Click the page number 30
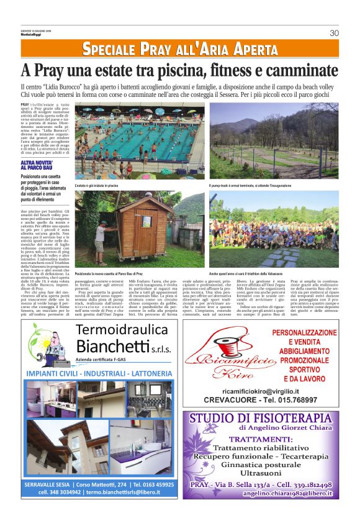pos(334,33)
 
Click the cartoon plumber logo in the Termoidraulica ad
pos(47,342)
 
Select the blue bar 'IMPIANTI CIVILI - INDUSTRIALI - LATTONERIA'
pos(99,373)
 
